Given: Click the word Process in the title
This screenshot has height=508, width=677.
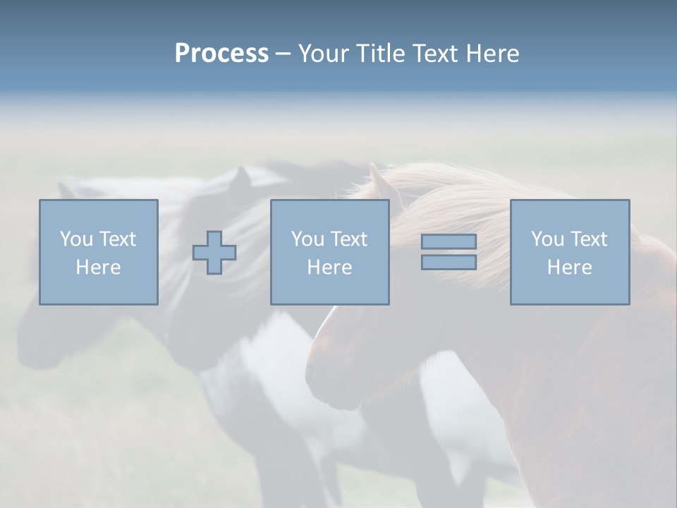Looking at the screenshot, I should pyautogui.click(x=221, y=54).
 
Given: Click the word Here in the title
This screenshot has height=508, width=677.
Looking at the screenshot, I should pyautogui.click(x=494, y=54).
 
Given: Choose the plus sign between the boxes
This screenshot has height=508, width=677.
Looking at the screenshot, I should pyautogui.click(x=214, y=253).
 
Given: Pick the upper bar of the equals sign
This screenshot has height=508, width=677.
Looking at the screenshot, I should pyautogui.click(x=449, y=241).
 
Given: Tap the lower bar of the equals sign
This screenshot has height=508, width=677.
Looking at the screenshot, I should pyautogui.click(x=449, y=262).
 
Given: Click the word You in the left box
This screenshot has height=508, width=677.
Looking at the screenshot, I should pyautogui.click(x=76, y=239).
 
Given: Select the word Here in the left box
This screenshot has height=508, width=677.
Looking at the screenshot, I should pyautogui.click(x=98, y=267).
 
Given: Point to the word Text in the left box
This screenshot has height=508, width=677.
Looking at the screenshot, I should pyautogui.click(x=117, y=239).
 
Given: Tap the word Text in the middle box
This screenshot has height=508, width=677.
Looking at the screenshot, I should pyautogui.click(x=348, y=239).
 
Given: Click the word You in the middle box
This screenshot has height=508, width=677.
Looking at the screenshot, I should pyautogui.click(x=307, y=239).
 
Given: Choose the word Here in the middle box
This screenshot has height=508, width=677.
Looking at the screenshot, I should pyautogui.click(x=329, y=267).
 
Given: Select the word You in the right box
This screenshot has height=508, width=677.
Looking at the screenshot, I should pyautogui.click(x=547, y=239).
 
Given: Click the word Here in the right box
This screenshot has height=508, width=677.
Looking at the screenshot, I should pyautogui.click(x=569, y=267).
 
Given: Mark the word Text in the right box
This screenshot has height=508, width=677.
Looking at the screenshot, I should pyautogui.click(x=588, y=239).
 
